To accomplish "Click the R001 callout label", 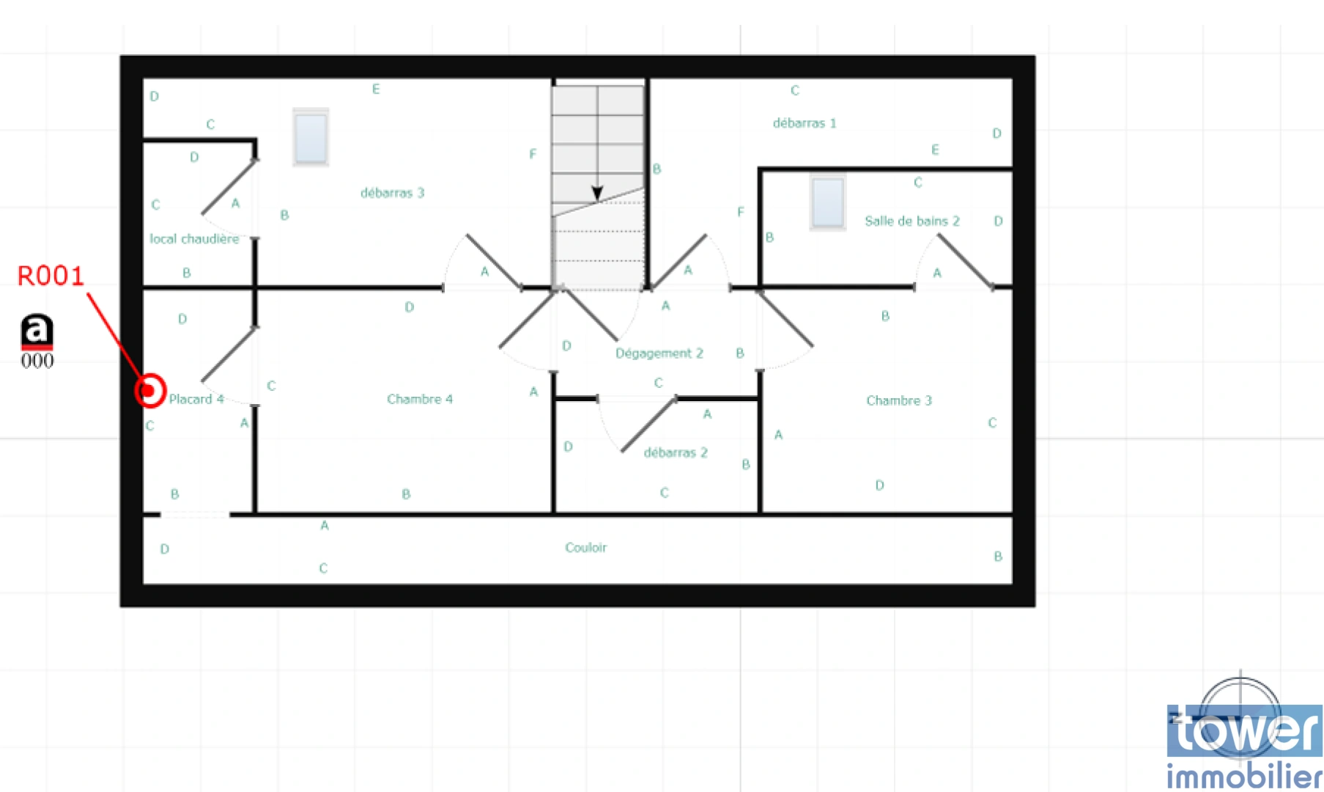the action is (x=51, y=276).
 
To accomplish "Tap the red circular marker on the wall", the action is (x=150, y=390).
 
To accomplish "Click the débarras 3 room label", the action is (x=392, y=193).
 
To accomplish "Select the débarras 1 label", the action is (x=804, y=123).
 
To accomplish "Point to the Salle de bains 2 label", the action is (x=911, y=221).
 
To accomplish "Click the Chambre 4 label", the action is (x=419, y=399).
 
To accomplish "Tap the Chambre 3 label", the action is (x=898, y=400).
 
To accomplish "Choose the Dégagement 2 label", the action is (x=659, y=353).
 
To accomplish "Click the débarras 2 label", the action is (x=676, y=452).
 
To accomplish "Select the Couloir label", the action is (x=585, y=548).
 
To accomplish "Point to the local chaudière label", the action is (x=194, y=239).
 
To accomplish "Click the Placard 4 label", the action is (x=196, y=399).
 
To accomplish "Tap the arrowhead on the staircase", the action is (x=597, y=194).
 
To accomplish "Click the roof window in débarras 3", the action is (x=311, y=137).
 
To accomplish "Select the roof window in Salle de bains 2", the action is (x=828, y=202).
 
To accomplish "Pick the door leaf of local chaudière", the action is (x=229, y=187).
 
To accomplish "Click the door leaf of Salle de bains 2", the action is (x=966, y=261).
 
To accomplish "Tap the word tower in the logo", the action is (x=1244, y=730).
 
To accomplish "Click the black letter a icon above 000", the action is (x=37, y=331).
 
